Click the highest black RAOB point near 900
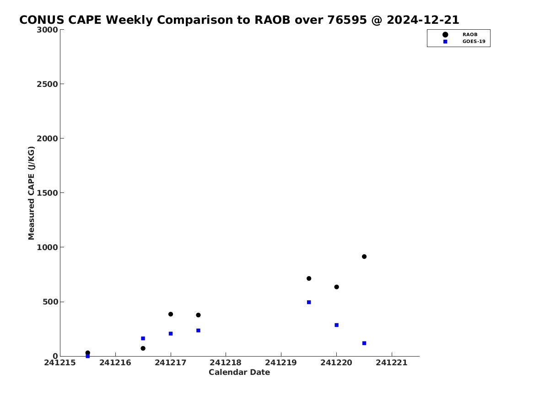point(364,256)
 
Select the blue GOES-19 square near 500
point(309,302)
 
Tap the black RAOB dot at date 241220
point(336,287)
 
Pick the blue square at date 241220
point(336,325)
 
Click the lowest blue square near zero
point(87,356)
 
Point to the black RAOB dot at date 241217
point(171,314)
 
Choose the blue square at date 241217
point(171,333)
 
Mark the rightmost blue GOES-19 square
point(364,343)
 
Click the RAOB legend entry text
point(469,34)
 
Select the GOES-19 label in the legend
point(474,42)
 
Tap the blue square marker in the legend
point(445,42)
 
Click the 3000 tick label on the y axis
point(47,30)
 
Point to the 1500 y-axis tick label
point(47,193)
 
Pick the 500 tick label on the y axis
point(50,302)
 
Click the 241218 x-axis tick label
point(226,363)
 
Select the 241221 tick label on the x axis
point(392,363)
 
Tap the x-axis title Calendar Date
point(239,372)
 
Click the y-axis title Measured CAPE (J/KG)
point(31,193)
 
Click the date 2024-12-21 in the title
point(423,20)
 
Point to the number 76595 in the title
point(347,20)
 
